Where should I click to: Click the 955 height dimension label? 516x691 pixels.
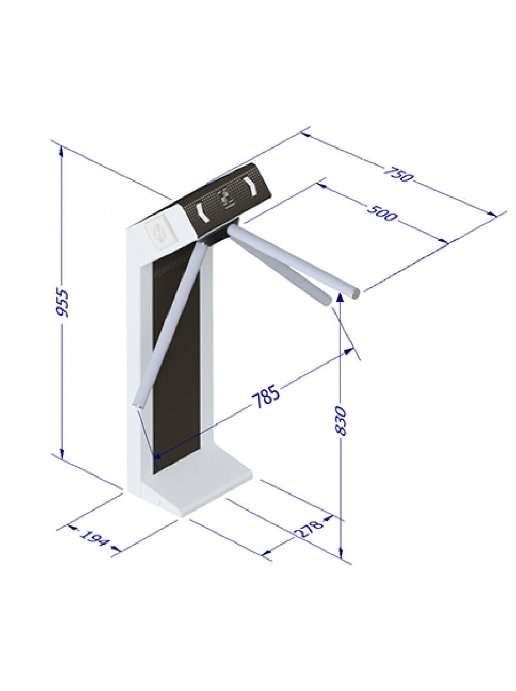[61, 303]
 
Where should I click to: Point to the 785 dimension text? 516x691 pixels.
[266, 397]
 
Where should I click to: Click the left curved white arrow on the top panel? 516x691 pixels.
[203, 212]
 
